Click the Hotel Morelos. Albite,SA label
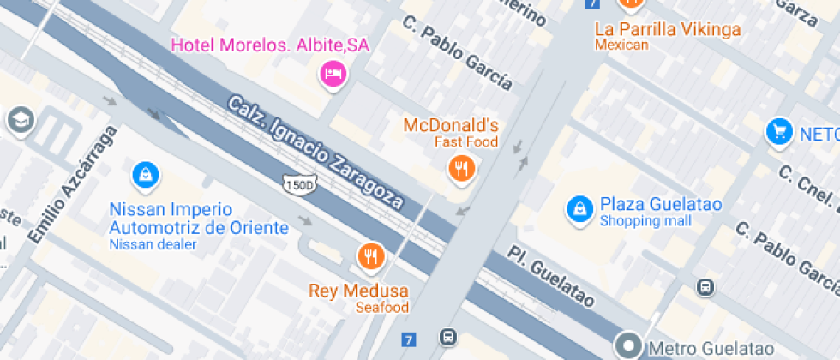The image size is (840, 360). point(270,45)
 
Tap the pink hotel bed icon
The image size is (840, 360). point(333,75)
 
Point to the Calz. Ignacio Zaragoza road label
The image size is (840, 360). point(315,153)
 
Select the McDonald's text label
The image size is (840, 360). point(450,126)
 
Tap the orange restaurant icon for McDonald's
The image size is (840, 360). point(462,168)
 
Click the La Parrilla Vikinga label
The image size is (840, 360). point(668,30)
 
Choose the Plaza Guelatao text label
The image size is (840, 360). point(661,205)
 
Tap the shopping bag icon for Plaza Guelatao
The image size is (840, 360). point(580,208)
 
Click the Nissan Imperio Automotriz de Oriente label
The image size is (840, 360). point(199,219)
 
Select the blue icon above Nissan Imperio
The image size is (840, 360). point(146,176)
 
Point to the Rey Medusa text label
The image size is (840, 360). point(358,291)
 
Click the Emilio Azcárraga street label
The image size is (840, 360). point(72,183)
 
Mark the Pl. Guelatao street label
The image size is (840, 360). point(550,277)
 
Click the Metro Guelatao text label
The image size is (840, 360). point(711,349)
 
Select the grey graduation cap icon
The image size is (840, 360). point(19,120)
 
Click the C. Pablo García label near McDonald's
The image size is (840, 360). point(458,53)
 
